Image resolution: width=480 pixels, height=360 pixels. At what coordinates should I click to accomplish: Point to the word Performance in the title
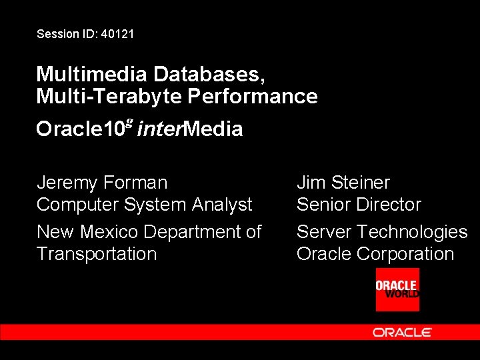point(252,96)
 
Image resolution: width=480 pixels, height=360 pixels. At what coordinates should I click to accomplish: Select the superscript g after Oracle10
point(129,123)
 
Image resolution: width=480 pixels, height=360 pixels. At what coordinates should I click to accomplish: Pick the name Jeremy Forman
point(102,182)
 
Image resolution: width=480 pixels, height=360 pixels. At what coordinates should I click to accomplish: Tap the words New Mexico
point(88,231)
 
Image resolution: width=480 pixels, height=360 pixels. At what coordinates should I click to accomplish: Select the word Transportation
point(97,254)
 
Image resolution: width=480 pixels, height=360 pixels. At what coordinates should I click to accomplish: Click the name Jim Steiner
point(343,182)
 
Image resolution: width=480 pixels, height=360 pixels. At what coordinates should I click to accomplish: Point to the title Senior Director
point(359,204)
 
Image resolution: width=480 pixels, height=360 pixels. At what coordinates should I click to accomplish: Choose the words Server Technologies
point(382,231)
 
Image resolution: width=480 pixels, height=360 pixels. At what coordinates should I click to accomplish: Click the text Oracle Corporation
point(375,254)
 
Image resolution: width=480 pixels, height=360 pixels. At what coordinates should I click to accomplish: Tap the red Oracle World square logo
point(397,289)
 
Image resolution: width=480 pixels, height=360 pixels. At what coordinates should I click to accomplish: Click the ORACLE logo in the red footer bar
point(402,332)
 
